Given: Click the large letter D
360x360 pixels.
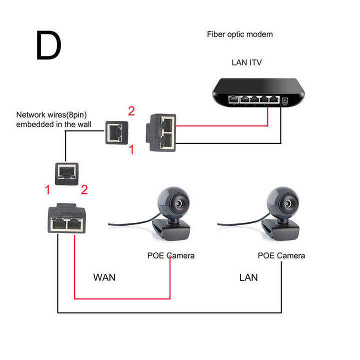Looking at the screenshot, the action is [x=48, y=45].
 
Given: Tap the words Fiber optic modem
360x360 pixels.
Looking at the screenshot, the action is [x=239, y=34].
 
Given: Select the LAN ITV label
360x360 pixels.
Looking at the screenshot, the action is [x=246, y=62].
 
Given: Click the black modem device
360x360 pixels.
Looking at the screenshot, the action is [x=258, y=92].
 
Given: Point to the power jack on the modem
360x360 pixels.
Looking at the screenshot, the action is [x=284, y=101].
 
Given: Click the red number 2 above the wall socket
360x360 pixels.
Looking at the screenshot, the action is [x=131, y=111].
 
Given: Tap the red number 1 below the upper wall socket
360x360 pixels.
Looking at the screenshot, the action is [x=131, y=149].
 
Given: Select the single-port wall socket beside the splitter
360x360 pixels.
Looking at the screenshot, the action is [x=116, y=132].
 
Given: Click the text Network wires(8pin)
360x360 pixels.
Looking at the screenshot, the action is [x=51, y=115].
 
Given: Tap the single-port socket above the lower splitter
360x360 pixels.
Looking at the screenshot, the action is [x=66, y=174].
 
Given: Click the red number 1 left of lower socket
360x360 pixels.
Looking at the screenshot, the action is [x=47, y=190].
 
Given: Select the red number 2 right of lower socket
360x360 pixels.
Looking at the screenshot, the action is [x=84, y=190].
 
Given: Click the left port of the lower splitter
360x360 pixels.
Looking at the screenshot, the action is [x=58, y=224].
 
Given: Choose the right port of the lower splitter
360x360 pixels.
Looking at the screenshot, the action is [x=75, y=224].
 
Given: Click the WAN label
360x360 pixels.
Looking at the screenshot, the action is [x=104, y=277].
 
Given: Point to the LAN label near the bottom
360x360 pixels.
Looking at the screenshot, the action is [x=248, y=277].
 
